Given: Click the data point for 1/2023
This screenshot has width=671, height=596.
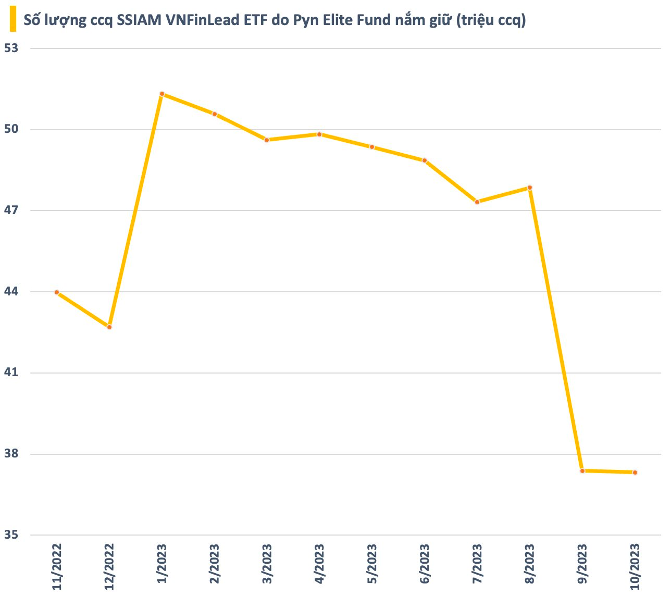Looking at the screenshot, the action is (x=162, y=94).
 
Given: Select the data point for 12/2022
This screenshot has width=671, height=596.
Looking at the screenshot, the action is (x=109, y=327).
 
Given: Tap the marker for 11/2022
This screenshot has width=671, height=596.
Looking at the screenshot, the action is (x=57, y=292).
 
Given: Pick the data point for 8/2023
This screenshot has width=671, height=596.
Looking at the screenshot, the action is (x=530, y=188).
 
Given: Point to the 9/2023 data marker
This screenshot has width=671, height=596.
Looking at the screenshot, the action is (x=582, y=471).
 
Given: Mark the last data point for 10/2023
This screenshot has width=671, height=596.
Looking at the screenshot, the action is (x=635, y=473).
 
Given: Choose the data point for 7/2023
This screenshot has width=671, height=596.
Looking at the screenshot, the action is (x=477, y=202).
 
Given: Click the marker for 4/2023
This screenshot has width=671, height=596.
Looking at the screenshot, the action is (x=319, y=134).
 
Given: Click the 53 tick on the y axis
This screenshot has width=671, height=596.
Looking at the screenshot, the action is (x=11, y=48).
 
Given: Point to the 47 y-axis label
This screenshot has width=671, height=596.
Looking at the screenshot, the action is (x=11, y=210).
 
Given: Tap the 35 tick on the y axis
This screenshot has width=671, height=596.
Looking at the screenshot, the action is (x=11, y=535).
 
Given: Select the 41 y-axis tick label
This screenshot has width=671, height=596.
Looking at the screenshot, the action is (x=11, y=372).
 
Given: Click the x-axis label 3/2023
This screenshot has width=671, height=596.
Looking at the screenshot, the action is (x=267, y=564).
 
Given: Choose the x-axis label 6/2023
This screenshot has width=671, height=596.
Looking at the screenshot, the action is (x=425, y=564).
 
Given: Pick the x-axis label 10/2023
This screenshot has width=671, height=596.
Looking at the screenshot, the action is (x=635, y=567).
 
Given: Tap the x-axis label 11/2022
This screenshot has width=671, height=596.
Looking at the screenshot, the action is (x=57, y=567).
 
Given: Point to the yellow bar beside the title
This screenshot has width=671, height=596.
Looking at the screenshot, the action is (x=13, y=19).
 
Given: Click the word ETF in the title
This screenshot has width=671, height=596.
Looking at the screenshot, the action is (x=255, y=20).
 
